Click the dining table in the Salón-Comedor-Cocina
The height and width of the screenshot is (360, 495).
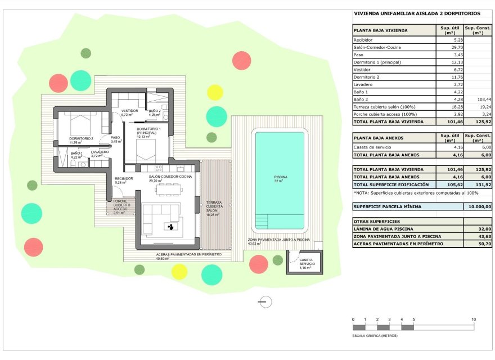click(169, 190)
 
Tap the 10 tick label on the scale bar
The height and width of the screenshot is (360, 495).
click(474, 319)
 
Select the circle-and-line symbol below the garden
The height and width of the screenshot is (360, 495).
click(264, 303)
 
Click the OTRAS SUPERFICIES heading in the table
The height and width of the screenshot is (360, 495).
click(376, 222)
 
